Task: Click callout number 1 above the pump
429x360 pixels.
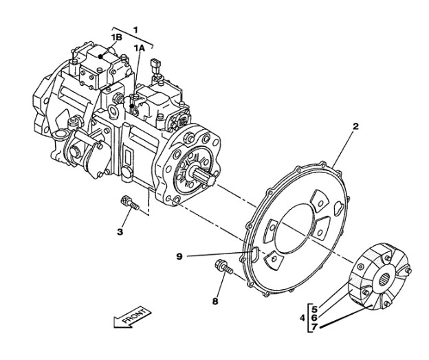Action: point(135,30)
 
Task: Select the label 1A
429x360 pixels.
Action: point(140,48)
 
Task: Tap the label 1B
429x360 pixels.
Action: point(117,37)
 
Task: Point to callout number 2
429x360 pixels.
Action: point(355,126)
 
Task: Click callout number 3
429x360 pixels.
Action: point(120,232)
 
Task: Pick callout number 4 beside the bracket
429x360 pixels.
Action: point(302,318)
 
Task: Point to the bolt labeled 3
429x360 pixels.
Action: point(129,203)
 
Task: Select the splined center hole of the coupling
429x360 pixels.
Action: point(386,280)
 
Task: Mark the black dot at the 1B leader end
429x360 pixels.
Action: point(101,57)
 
